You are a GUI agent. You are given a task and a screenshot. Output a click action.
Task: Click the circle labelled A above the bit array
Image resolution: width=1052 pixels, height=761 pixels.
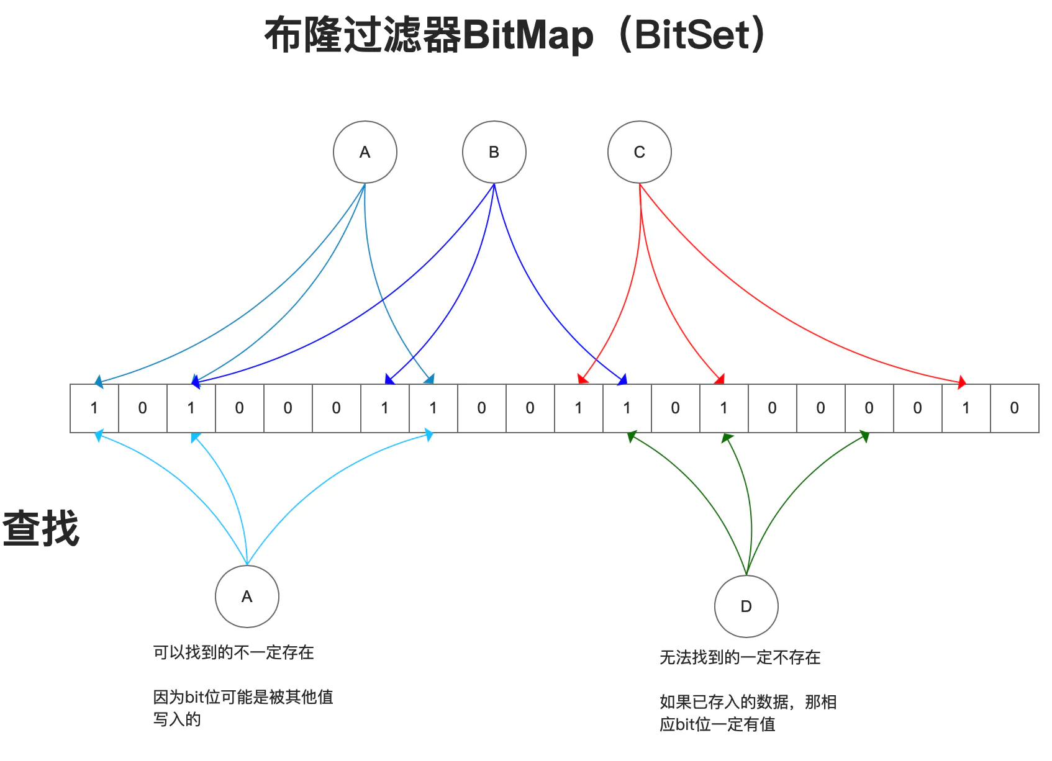click(365, 152)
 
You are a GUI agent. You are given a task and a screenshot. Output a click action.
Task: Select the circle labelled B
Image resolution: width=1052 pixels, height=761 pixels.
click(494, 152)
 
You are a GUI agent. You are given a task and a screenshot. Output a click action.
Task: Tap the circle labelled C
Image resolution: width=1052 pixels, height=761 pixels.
click(639, 152)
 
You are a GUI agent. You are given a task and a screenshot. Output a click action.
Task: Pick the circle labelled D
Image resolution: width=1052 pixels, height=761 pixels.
click(746, 606)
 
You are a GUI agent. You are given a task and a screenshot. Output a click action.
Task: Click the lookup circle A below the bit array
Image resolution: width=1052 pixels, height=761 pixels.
click(247, 597)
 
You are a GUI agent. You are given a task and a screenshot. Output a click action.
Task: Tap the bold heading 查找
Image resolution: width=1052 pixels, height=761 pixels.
click(41, 529)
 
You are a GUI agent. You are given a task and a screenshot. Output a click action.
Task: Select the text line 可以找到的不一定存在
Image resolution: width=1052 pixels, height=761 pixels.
click(234, 652)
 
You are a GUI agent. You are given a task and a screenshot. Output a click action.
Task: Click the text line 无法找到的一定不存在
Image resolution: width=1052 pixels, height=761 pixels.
click(740, 657)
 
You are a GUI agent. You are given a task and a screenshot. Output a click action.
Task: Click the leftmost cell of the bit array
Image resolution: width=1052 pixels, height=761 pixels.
click(94, 408)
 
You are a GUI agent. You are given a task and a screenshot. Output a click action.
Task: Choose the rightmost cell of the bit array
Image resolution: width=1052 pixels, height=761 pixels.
click(1014, 408)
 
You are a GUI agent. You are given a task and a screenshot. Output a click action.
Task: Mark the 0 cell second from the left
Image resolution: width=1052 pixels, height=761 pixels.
click(143, 408)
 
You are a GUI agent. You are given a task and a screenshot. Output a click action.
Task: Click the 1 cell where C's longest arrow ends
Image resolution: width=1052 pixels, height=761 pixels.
click(966, 408)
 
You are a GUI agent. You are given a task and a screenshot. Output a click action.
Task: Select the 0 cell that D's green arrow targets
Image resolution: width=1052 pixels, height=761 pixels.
click(869, 408)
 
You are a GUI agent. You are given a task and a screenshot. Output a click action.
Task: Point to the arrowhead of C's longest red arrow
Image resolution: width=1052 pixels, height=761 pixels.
click(962, 382)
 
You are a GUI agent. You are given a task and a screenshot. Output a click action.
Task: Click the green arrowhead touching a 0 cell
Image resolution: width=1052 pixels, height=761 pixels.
click(864, 437)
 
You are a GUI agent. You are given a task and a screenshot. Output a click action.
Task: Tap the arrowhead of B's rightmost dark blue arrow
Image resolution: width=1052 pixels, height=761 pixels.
click(623, 380)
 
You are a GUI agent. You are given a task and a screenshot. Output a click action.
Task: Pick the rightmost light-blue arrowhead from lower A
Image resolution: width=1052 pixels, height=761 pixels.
click(428, 436)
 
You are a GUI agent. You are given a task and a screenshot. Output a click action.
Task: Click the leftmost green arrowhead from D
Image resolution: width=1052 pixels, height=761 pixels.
click(632, 436)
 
